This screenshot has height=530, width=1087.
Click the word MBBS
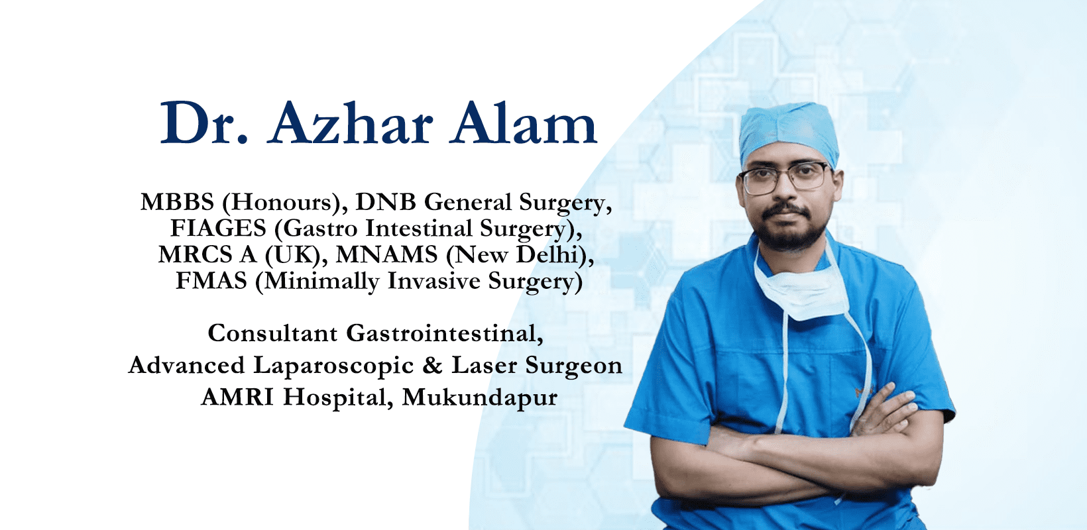[177, 201]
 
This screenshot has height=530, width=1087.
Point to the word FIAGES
[218, 228]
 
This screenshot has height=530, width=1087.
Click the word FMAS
[211, 280]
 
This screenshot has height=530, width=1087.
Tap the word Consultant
[272, 333]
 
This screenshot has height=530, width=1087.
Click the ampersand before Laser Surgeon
[432, 365]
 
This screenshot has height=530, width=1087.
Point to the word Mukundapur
[479, 398]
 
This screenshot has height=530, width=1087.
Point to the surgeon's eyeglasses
[784, 177]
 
